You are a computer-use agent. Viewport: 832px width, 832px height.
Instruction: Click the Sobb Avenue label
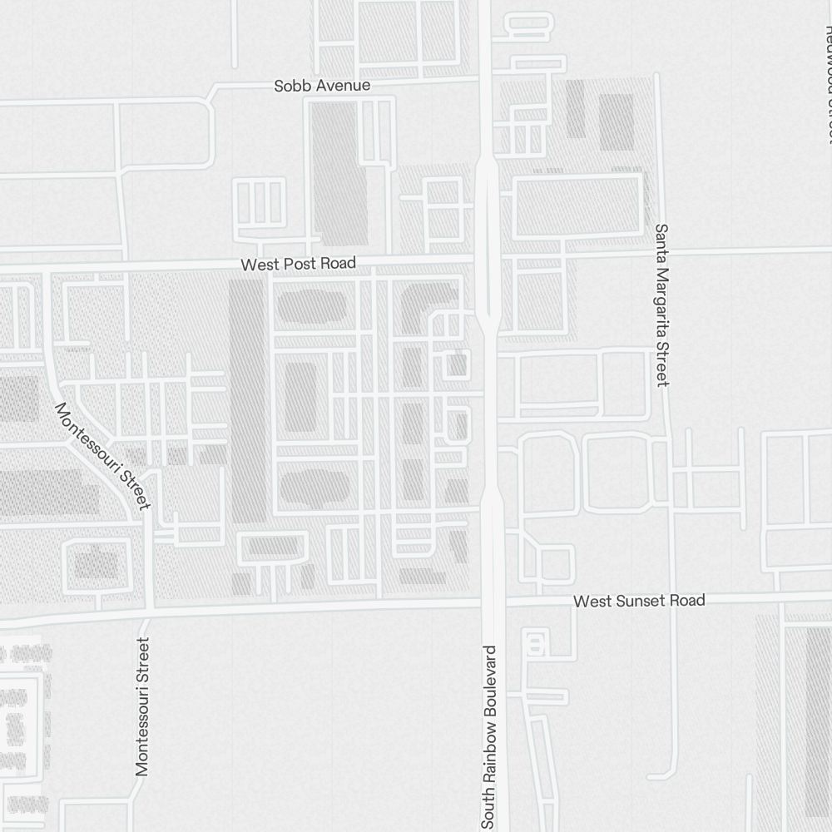tap(322, 86)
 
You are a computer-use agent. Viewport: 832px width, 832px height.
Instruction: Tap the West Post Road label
tap(298, 264)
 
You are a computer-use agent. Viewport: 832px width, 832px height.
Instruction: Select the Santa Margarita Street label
tap(662, 305)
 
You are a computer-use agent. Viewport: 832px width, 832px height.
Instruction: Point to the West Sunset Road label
tap(639, 601)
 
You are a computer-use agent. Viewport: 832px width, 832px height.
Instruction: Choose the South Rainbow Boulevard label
tap(489, 736)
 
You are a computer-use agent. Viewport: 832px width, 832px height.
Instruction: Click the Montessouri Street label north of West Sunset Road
tap(102, 455)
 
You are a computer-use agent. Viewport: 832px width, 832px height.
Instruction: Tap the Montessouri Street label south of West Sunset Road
tap(143, 706)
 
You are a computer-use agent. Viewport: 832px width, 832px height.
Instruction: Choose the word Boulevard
tap(489, 676)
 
